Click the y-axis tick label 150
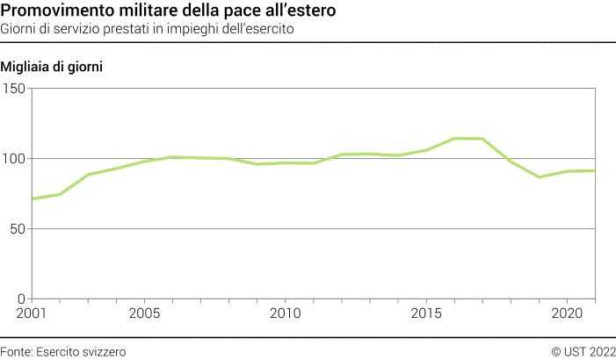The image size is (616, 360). [x=15, y=89]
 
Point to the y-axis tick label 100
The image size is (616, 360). [x=15, y=159]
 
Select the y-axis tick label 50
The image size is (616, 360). [x=18, y=229]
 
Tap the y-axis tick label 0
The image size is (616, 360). [x=23, y=299]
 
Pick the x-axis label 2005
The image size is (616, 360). [x=144, y=313]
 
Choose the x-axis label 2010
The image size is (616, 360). [x=285, y=313]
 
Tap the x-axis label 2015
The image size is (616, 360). [x=426, y=313]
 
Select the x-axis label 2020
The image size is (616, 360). [x=567, y=313]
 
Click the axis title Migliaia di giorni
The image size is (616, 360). [x=54, y=68]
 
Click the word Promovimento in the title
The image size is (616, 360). [x=54, y=11]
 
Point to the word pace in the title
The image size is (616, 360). [x=245, y=11]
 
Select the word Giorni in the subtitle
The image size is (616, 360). [x=20, y=28]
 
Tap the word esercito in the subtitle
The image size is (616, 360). [x=270, y=28]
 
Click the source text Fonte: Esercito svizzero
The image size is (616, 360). [x=63, y=351]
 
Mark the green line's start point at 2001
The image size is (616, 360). [x=33, y=198]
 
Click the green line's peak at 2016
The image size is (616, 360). [x=454, y=138]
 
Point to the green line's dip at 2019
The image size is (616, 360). [x=539, y=177]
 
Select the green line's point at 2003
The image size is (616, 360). [x=88, y=175]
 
